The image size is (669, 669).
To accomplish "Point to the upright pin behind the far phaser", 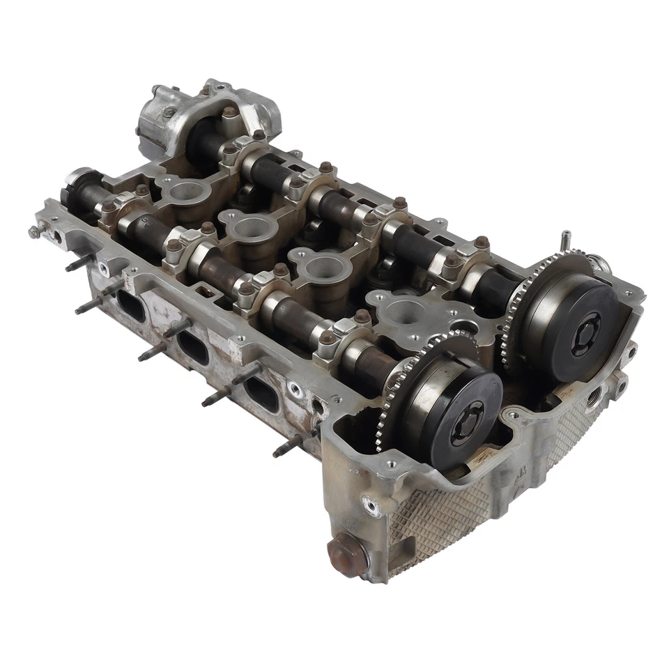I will (x=566, y=240).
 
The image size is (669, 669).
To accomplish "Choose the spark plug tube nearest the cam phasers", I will (x=402, y=312).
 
